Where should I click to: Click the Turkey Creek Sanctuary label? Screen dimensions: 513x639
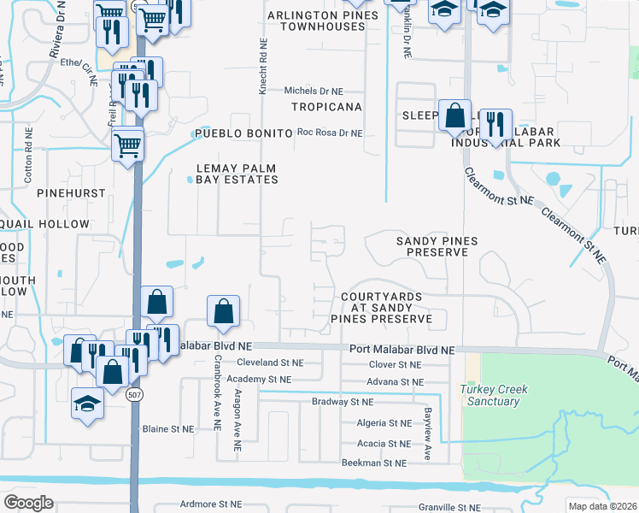pos(494,395)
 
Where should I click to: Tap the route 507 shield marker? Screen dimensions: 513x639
pos(138,396)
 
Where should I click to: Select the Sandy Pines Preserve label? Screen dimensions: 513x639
pos(437,247)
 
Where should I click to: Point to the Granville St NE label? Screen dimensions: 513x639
pos(453,507)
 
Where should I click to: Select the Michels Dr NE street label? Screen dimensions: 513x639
pos(314,90)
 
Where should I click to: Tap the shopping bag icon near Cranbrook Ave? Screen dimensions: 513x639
pos(223,313)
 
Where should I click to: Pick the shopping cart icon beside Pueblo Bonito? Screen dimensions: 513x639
pos(127,144)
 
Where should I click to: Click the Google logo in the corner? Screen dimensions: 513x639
pos(28,502)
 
